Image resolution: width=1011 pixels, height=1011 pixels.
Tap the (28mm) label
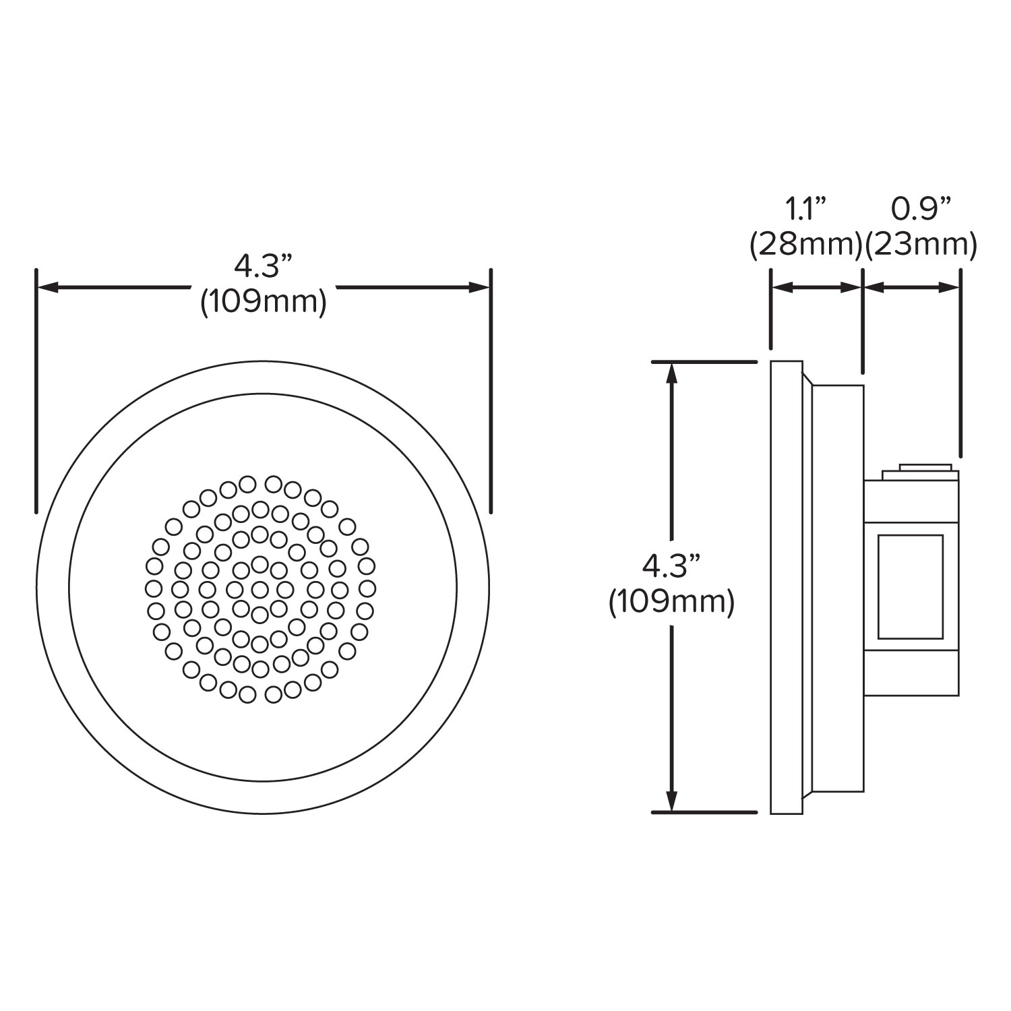(x=806, y=245)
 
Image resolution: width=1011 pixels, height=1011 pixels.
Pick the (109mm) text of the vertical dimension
(x=671, y=602)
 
